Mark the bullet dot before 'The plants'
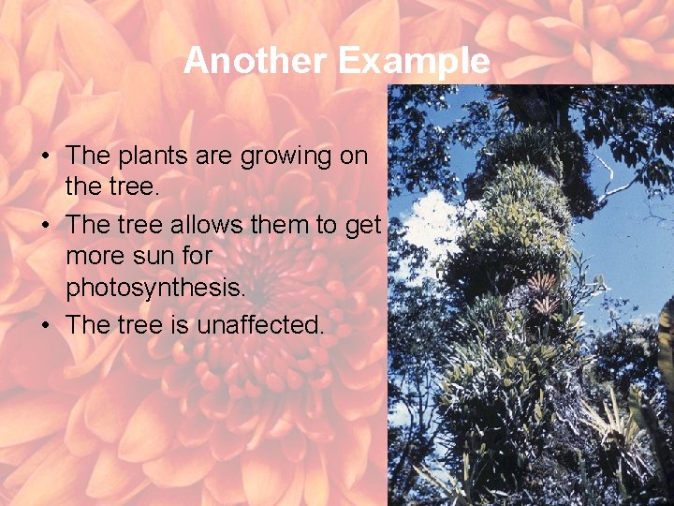pos(45,156)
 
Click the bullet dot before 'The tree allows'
pos(45,226)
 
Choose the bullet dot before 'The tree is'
pos(45,325)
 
